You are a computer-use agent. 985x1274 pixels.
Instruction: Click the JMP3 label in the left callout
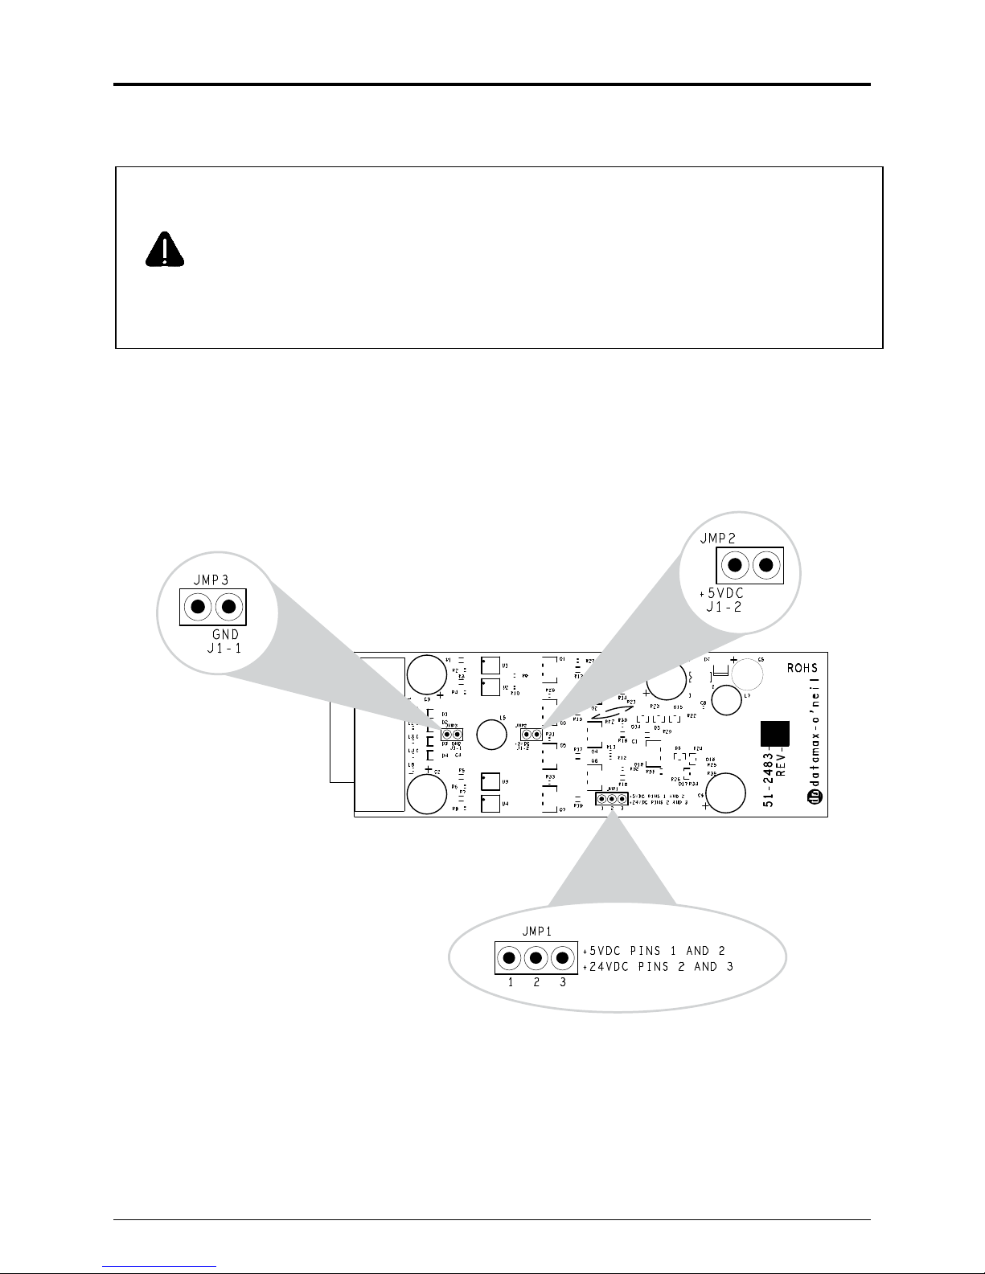pos(210,579)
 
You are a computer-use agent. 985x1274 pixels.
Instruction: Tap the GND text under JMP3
pos(224,635)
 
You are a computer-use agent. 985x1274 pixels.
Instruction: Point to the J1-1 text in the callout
pos(221,649)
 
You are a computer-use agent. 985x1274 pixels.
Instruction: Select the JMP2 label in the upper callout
pos(720,538)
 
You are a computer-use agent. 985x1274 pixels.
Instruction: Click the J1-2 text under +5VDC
pos(723,608)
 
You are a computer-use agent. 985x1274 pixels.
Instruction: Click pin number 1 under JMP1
pos(510,982)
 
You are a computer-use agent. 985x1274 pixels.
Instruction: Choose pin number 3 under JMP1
pos(563,982)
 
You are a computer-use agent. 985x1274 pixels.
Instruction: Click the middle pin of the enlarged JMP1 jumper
pos(536,957)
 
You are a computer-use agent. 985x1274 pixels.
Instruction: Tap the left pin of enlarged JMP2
pos(735,565)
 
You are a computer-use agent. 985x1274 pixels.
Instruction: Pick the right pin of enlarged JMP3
pos(229,606)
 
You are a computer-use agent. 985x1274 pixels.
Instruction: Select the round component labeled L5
pos(490,732)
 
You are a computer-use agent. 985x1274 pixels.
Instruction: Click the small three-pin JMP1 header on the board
pos(612,799)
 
